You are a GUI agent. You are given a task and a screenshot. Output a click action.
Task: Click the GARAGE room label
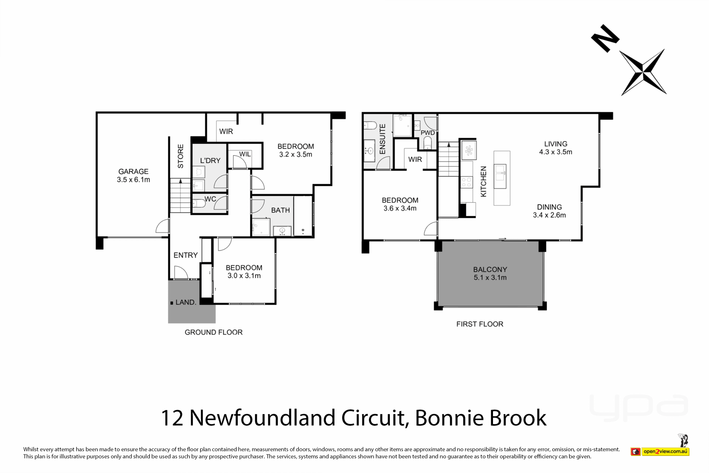133,171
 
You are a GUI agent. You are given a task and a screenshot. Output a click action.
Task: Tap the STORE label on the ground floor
181,156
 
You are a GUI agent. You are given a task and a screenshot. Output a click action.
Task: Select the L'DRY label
210,160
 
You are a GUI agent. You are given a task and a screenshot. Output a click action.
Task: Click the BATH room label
280,210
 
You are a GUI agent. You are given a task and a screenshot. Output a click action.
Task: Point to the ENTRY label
186,255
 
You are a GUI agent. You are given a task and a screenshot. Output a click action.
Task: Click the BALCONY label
490,269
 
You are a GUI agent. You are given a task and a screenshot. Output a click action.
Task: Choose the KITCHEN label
483,181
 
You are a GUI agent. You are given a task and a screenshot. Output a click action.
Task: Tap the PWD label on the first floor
428,133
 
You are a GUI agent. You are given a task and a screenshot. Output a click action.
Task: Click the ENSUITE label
383,139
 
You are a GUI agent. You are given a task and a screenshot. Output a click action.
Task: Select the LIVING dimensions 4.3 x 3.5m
555,152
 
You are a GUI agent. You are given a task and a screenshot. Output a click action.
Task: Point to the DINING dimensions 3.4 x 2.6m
549,215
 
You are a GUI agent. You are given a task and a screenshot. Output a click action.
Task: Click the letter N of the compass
605,38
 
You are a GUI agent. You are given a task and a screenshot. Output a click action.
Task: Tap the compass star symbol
644,72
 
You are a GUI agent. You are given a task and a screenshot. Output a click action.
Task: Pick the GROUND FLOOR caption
213,332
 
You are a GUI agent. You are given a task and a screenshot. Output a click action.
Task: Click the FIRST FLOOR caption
480,324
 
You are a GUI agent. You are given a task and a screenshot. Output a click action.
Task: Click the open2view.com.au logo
660,451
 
